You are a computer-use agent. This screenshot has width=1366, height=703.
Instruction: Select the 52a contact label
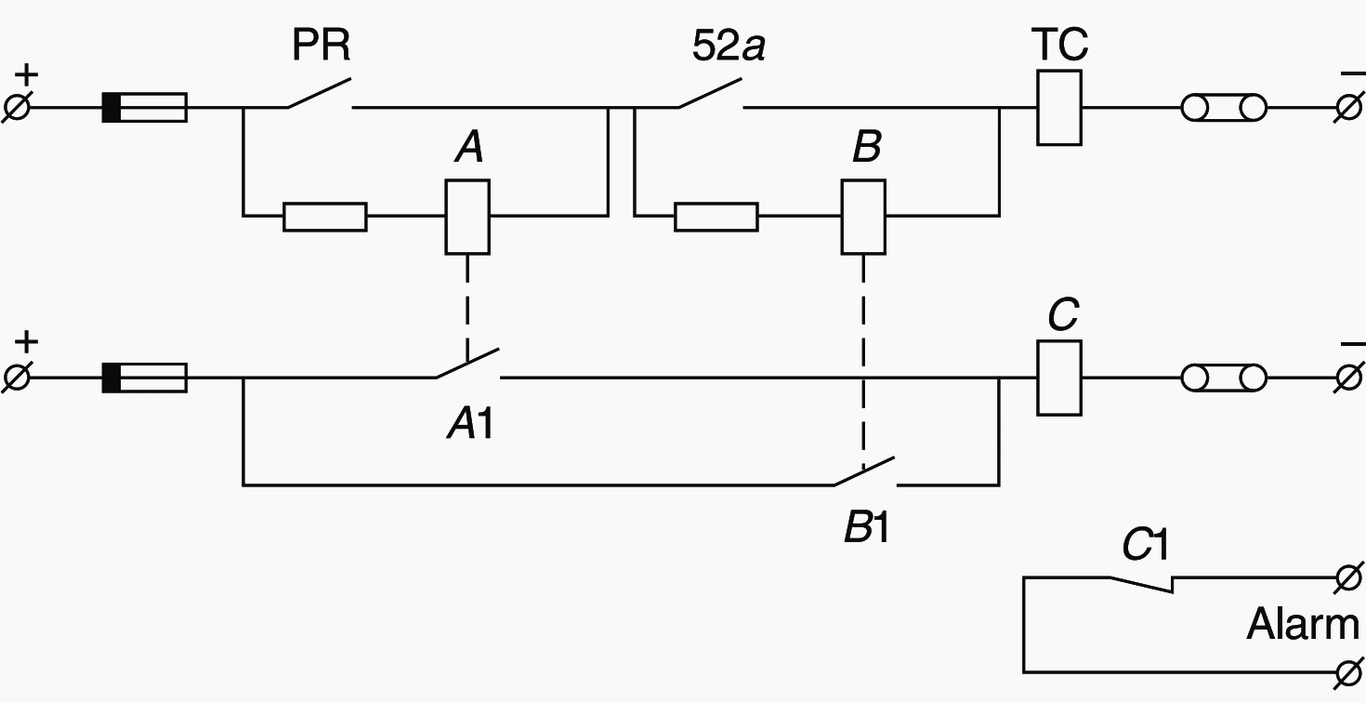coord(729,46)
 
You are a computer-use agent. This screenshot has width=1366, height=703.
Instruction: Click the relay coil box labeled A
coord(467,216)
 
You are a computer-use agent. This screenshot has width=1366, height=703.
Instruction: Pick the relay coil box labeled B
coord(863,216)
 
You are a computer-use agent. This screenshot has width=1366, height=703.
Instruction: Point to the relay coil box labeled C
coord(1058,378)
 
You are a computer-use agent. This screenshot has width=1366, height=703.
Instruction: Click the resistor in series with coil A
coord(324,216)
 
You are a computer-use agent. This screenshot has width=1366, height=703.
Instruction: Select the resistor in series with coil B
coord(716,216)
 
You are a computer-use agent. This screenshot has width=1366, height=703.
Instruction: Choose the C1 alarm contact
coord(1141,583)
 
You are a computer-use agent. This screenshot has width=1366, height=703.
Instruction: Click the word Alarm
coord(1302,624)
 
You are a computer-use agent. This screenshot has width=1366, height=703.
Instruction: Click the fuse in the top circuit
coord(144,108)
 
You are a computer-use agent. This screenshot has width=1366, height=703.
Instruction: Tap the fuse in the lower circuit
coord(144,378)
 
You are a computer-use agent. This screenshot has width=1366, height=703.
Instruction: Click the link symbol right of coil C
coord(1224,378)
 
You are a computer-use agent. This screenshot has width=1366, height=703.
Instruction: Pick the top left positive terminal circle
coord(18,108)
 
